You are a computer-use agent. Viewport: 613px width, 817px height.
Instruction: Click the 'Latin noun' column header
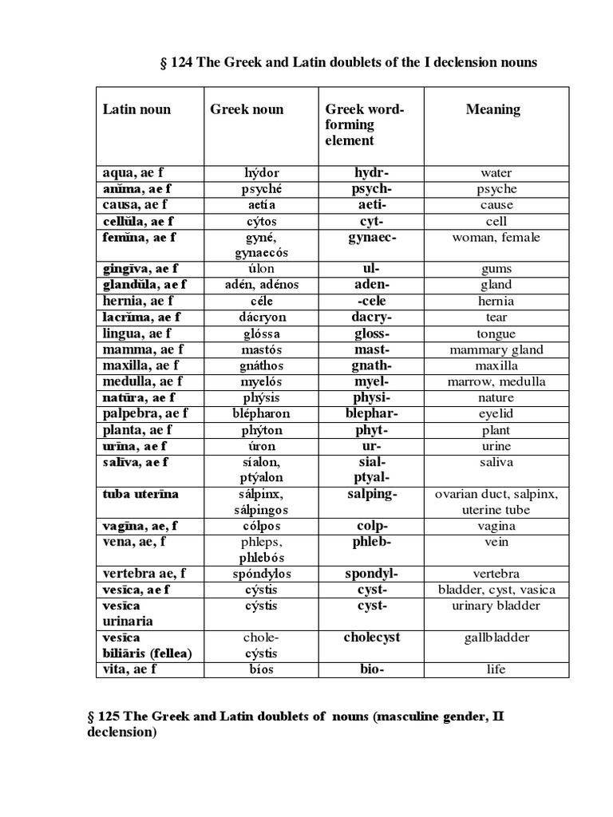(x=136, y=109)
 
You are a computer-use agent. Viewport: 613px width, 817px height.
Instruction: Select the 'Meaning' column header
(x=492, y=109)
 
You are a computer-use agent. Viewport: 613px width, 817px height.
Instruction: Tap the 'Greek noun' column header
(x=247, y=109)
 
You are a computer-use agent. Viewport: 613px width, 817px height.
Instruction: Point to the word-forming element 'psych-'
(x=371, y=189)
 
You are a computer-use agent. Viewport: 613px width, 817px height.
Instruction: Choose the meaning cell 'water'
(x=496, y=172)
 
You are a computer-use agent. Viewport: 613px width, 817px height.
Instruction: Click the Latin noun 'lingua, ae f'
(x=136, y=334)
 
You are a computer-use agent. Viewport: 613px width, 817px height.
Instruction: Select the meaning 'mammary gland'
(x=496, y=349)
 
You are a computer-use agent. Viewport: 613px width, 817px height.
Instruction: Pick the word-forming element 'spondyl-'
(x=371, y=574)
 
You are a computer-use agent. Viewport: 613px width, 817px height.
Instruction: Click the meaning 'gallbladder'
(x=496, y=637)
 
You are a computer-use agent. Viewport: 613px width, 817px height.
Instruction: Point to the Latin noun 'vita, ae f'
(x=129, y=669)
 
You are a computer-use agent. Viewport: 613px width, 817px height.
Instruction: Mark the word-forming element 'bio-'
(x=371, y=669)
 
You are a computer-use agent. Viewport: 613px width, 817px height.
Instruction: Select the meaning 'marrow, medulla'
(x=496, y=381)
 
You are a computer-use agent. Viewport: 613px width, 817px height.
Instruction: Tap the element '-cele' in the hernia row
(x=371, y=301)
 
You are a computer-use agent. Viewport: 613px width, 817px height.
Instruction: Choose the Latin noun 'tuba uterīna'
(x=140, y=494)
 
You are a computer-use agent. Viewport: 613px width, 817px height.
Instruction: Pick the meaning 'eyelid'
(x=496, y=413)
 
